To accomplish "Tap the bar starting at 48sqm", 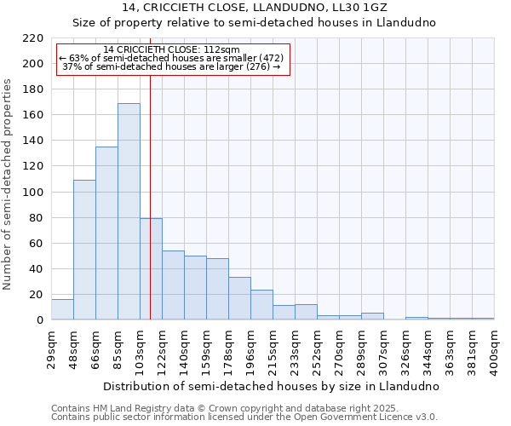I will (84, 250).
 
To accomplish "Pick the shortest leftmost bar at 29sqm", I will (62, 310).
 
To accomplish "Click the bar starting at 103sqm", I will (151, 269).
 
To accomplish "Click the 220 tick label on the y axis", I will (33, 38).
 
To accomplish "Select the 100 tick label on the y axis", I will (33, 193).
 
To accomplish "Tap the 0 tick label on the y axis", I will (39, 320).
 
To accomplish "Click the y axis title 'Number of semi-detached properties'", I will (9, 184).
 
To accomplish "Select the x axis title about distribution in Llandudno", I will (272, 386).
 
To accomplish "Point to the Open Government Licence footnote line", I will (244, 417).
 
